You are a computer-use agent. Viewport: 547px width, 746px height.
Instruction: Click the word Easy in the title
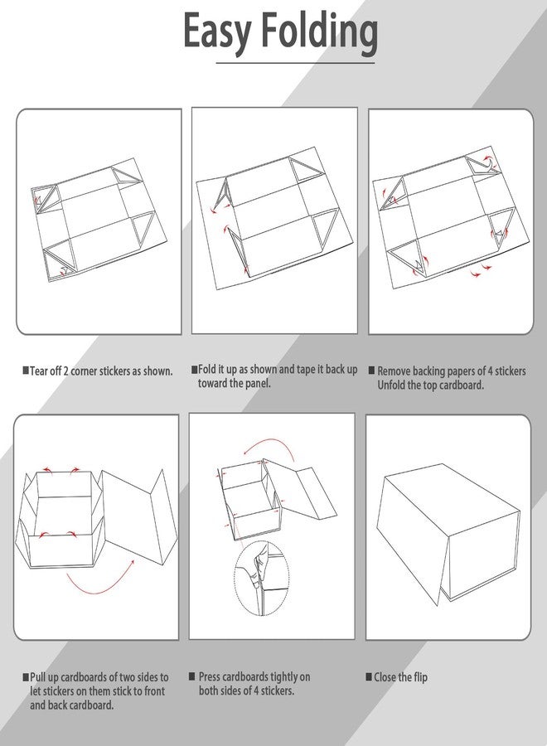(216, 32)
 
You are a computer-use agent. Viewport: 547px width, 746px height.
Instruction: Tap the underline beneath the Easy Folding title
(295, 63)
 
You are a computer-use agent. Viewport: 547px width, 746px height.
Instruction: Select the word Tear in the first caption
(39, 371)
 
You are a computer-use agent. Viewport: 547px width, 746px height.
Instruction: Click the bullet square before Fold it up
(194, 369)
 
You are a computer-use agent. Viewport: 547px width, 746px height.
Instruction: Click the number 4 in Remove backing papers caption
(491, 371)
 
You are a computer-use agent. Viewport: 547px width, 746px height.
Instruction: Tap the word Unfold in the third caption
(391, 385)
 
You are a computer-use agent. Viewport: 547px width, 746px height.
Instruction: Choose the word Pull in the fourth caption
(38, 677)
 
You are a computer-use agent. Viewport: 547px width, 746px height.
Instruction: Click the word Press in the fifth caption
(210, 676)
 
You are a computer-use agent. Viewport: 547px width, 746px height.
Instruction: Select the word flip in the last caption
(419, 677)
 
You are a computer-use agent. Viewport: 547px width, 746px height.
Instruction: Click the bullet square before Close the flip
(369, 676)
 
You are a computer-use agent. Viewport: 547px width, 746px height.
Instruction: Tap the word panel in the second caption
(257, 384)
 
